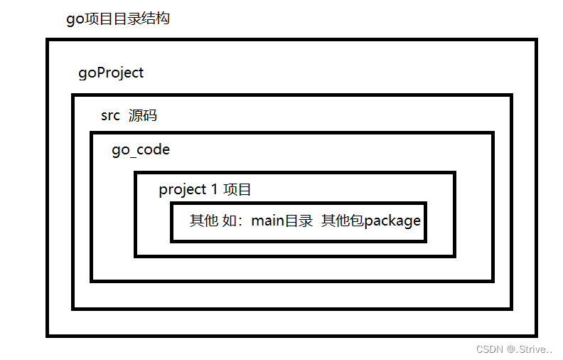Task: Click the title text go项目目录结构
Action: (x=118, y=18)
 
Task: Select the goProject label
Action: (x=111, y=73)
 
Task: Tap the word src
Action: (x=110, y=115)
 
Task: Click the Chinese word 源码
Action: (x=142, y=115)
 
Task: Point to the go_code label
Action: (x=141, y=151)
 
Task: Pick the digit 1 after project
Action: (x=214, y=190)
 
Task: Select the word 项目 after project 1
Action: (x=237, y=190)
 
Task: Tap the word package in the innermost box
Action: (x=392, y=221)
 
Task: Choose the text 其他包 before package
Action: (x=343, y=221)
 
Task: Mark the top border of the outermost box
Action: (x=291, y=41)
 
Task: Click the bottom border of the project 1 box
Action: (x=294, y=255)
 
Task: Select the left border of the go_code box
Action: (x=92, y=206)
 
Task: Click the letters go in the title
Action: (x=75, y=19)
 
